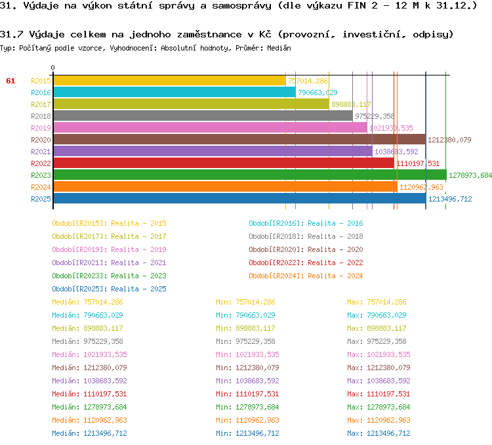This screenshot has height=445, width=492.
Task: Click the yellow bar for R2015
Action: [169, 81]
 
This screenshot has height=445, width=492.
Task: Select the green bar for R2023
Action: [249, 175]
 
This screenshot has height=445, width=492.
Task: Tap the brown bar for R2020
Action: [239, 140]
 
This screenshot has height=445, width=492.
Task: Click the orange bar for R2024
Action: [225, 187]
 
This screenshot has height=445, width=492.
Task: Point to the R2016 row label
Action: [41, 93]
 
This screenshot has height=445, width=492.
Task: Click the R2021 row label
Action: [41, 152]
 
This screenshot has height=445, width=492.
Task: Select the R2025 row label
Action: [41, 199]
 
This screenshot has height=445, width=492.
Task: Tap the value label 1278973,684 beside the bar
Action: [470, 175]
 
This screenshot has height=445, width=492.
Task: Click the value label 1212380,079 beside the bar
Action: [449, 140]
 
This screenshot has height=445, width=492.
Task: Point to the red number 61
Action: [10, 81]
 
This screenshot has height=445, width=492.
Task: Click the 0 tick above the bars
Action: [53, 68]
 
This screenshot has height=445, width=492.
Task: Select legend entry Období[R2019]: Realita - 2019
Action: [109, 249]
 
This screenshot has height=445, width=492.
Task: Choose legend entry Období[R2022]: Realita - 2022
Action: [306, 263]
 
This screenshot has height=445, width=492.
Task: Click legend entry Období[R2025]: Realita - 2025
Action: [109, 289]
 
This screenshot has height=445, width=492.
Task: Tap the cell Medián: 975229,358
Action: [87, 341]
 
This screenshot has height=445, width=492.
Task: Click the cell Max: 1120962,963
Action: [379, 420]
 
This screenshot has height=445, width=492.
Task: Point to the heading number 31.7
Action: [12, 34]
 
